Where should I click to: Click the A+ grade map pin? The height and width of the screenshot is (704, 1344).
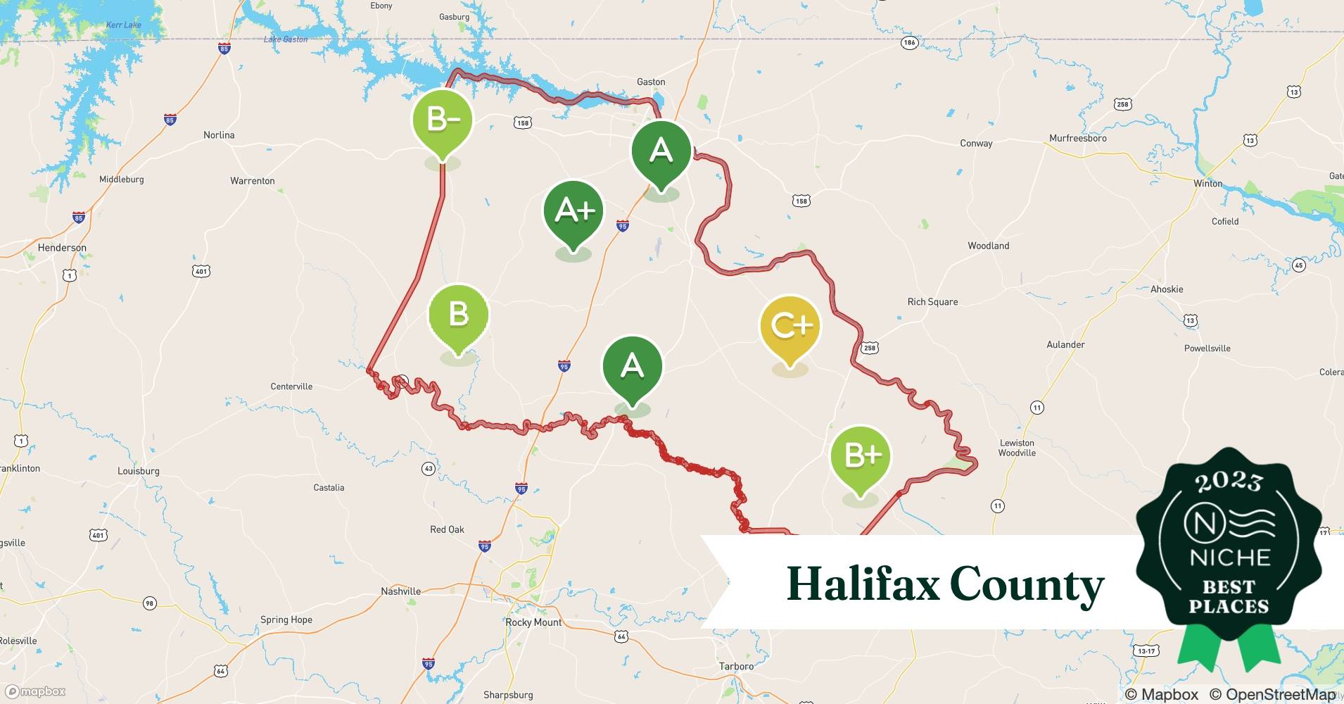pos(573,211)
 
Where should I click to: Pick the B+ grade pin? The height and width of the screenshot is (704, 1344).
pos(860,457)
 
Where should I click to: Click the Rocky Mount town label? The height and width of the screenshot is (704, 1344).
pos(533,622)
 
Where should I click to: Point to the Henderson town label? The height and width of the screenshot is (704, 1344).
pos(62,248)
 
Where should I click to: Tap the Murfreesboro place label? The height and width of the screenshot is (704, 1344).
pos(1077,138)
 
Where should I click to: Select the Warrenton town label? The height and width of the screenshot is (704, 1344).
pos(252,181)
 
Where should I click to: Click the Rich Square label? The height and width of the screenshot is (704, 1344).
pos(932,302)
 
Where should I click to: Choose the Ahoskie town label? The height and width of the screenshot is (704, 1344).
pos(1166,289)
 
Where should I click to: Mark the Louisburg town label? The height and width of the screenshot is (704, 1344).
pos(138,471)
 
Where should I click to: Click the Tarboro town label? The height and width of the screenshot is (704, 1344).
pos(736,666)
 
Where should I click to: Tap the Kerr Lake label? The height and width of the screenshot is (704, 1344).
pos(123,25)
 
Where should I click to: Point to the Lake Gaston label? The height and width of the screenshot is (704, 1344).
pos(285,39)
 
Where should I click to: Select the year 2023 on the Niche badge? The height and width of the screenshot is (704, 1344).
pos(1229,482)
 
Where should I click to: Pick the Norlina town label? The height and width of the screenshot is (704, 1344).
pos(219,135)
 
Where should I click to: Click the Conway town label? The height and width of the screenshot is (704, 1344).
pos(976,144)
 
